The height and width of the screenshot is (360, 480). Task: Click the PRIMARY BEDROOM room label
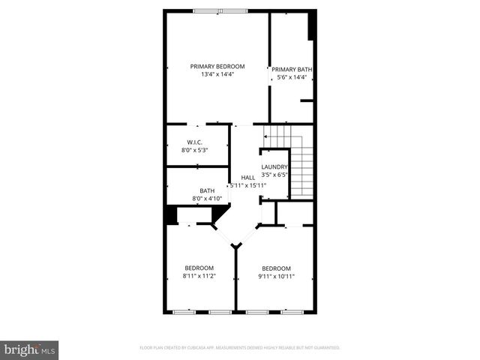point(217,66)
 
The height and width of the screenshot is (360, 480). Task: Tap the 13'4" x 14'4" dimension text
point(217,74)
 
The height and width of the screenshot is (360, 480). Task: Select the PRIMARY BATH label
point(292,70)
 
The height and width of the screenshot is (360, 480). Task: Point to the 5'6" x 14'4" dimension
point(292,77)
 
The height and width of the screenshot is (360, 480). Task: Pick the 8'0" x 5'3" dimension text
point(194,150)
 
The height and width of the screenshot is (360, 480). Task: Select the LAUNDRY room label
point(274,167)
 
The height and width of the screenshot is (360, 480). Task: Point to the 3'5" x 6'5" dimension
point(274,175)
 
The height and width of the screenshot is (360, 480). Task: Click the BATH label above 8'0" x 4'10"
point(207,190)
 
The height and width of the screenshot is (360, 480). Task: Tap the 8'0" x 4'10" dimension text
point(207,199)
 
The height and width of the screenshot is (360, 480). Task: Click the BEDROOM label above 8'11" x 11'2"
point(199,268)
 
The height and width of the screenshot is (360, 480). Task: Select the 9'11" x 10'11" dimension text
point(276,277)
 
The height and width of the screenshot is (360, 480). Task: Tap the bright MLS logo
point(30,349)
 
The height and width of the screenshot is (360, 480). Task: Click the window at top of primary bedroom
point(219,10)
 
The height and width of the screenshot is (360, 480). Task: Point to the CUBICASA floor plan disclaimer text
point(240,348)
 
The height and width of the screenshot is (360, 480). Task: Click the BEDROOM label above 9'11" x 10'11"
point(276,268)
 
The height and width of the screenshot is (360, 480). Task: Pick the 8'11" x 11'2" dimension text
point(199,276)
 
